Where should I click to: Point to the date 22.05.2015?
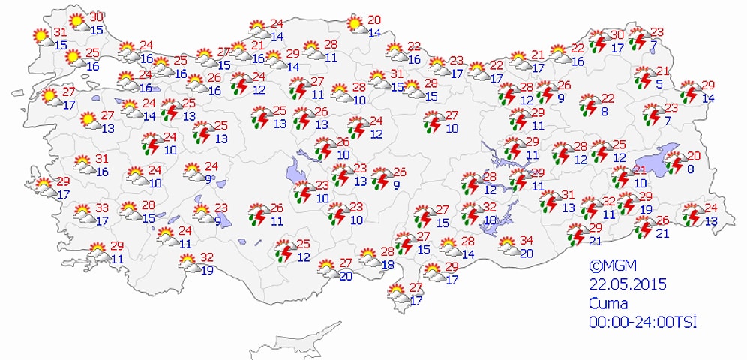pyautogui.click(x=628, y=284)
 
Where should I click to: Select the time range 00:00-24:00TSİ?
pyautogui.click(x=643, y=322)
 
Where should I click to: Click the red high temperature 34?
pyautogui.click(x=526, y=240)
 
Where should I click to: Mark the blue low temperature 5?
pyautogui.click(x=659, y=83)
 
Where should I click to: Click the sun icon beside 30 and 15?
pyautogui.click(x=76, y=22)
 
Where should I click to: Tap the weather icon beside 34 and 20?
pyautogui.click(x=507, y=244)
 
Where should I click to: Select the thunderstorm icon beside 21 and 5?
pyautogui.click(x=643, y=77)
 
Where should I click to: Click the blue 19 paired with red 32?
pyautogui.click(x=205, y=270)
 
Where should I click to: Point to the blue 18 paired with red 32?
pyautogui.click(x=492, y=220)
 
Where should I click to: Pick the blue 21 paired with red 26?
pyautogui.click(x=663, y=233)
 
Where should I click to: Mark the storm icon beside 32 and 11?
pyautogui.click(x=590, y=208)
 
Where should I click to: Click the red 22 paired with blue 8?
pyautogui.click(x=607, y=98)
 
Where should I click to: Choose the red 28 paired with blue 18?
pyautogui.click(x=387, y=251)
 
